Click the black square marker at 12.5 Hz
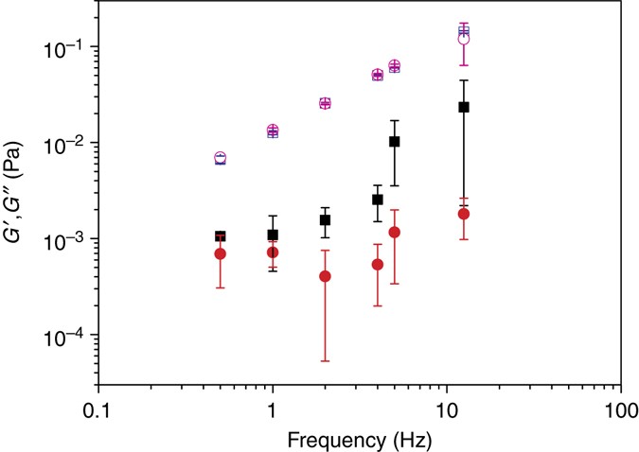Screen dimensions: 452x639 [x=464, y=107]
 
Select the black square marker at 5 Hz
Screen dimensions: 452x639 [x=395, y=141]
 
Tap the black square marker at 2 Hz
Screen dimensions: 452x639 [x=325, y=220]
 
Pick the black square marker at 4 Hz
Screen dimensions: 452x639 [x=378, y=200]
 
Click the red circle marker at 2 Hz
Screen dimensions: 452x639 [x=325, y=276]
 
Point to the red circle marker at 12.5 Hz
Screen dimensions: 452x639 [x=464, y=214]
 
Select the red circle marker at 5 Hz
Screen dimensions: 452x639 [x=395, y=232]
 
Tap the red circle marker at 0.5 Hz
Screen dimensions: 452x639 [x=221, y=253]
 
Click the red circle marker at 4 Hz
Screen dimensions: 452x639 [x=378, y=264]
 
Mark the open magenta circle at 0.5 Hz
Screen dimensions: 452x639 [x=221, y=158]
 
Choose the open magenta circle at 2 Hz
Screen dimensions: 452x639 [x=325, y=103]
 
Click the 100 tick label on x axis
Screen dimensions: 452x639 [x=620, y=412]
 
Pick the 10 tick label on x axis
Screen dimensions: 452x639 [x=446, y=412]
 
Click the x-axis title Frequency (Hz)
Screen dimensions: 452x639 [x=359, y=439]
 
